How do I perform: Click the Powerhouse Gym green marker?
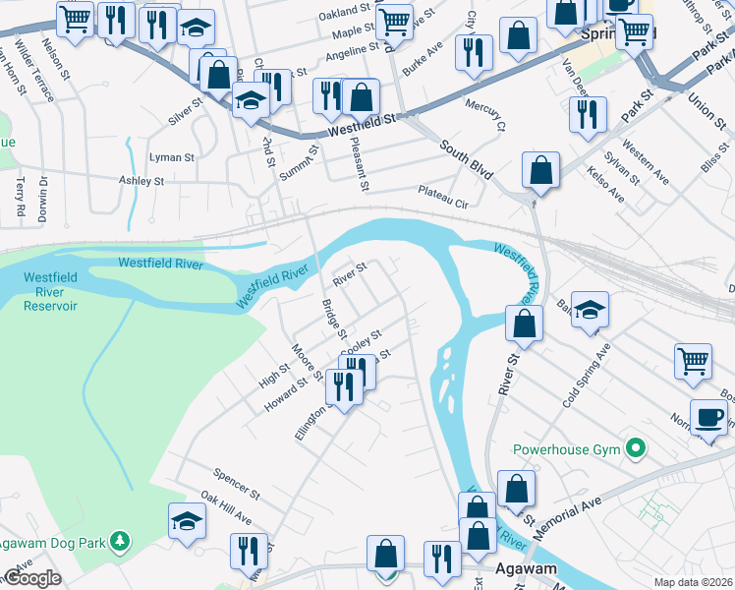(635, 450)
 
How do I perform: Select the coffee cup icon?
(708, 417)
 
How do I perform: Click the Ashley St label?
(141, 181)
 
